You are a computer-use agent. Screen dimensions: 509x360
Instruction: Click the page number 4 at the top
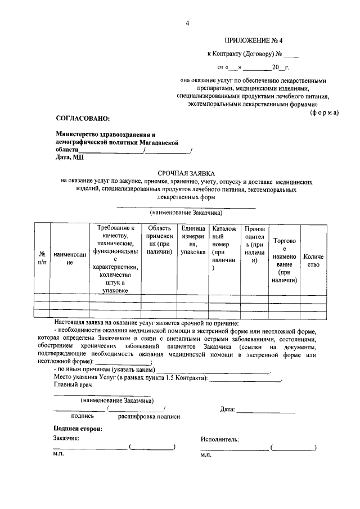[x=188, y=23]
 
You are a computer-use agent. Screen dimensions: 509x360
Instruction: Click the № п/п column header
[x=42, y=259]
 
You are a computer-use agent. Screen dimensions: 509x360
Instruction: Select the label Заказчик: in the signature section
[x=66, y=438]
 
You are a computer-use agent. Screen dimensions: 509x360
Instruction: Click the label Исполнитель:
[x=219, y=439]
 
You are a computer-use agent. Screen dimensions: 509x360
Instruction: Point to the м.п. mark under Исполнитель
[x=206, y=455]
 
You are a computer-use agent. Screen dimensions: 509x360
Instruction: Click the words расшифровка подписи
[x=149, y=417]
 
